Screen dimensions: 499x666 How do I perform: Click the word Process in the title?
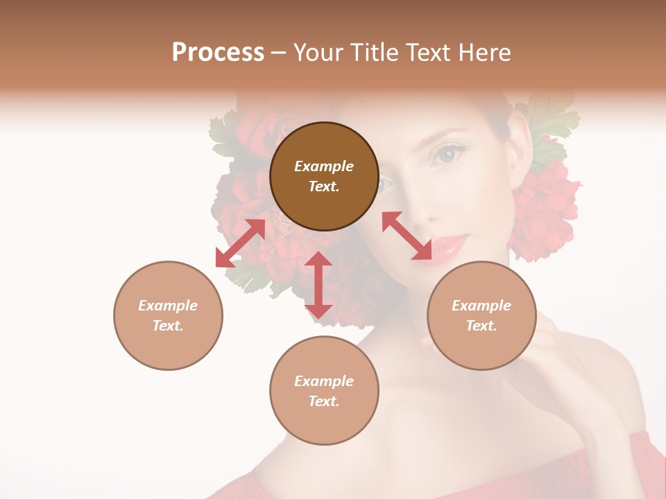click(218, 53)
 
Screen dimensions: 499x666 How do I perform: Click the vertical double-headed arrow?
click(318, 285)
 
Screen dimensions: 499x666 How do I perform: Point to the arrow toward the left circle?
click(240, 243)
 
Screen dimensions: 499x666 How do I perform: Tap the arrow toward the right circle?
click(407, 236)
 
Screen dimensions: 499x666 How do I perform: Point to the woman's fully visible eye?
click(450, 154)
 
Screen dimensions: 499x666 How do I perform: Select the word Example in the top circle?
click(324, 166)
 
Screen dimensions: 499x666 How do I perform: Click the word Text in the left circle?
click(167, 326)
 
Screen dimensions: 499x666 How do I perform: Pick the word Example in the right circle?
click(481, 306)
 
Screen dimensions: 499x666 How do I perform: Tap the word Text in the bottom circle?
click(323, 401)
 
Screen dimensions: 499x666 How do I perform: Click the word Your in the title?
click(317, 53)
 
